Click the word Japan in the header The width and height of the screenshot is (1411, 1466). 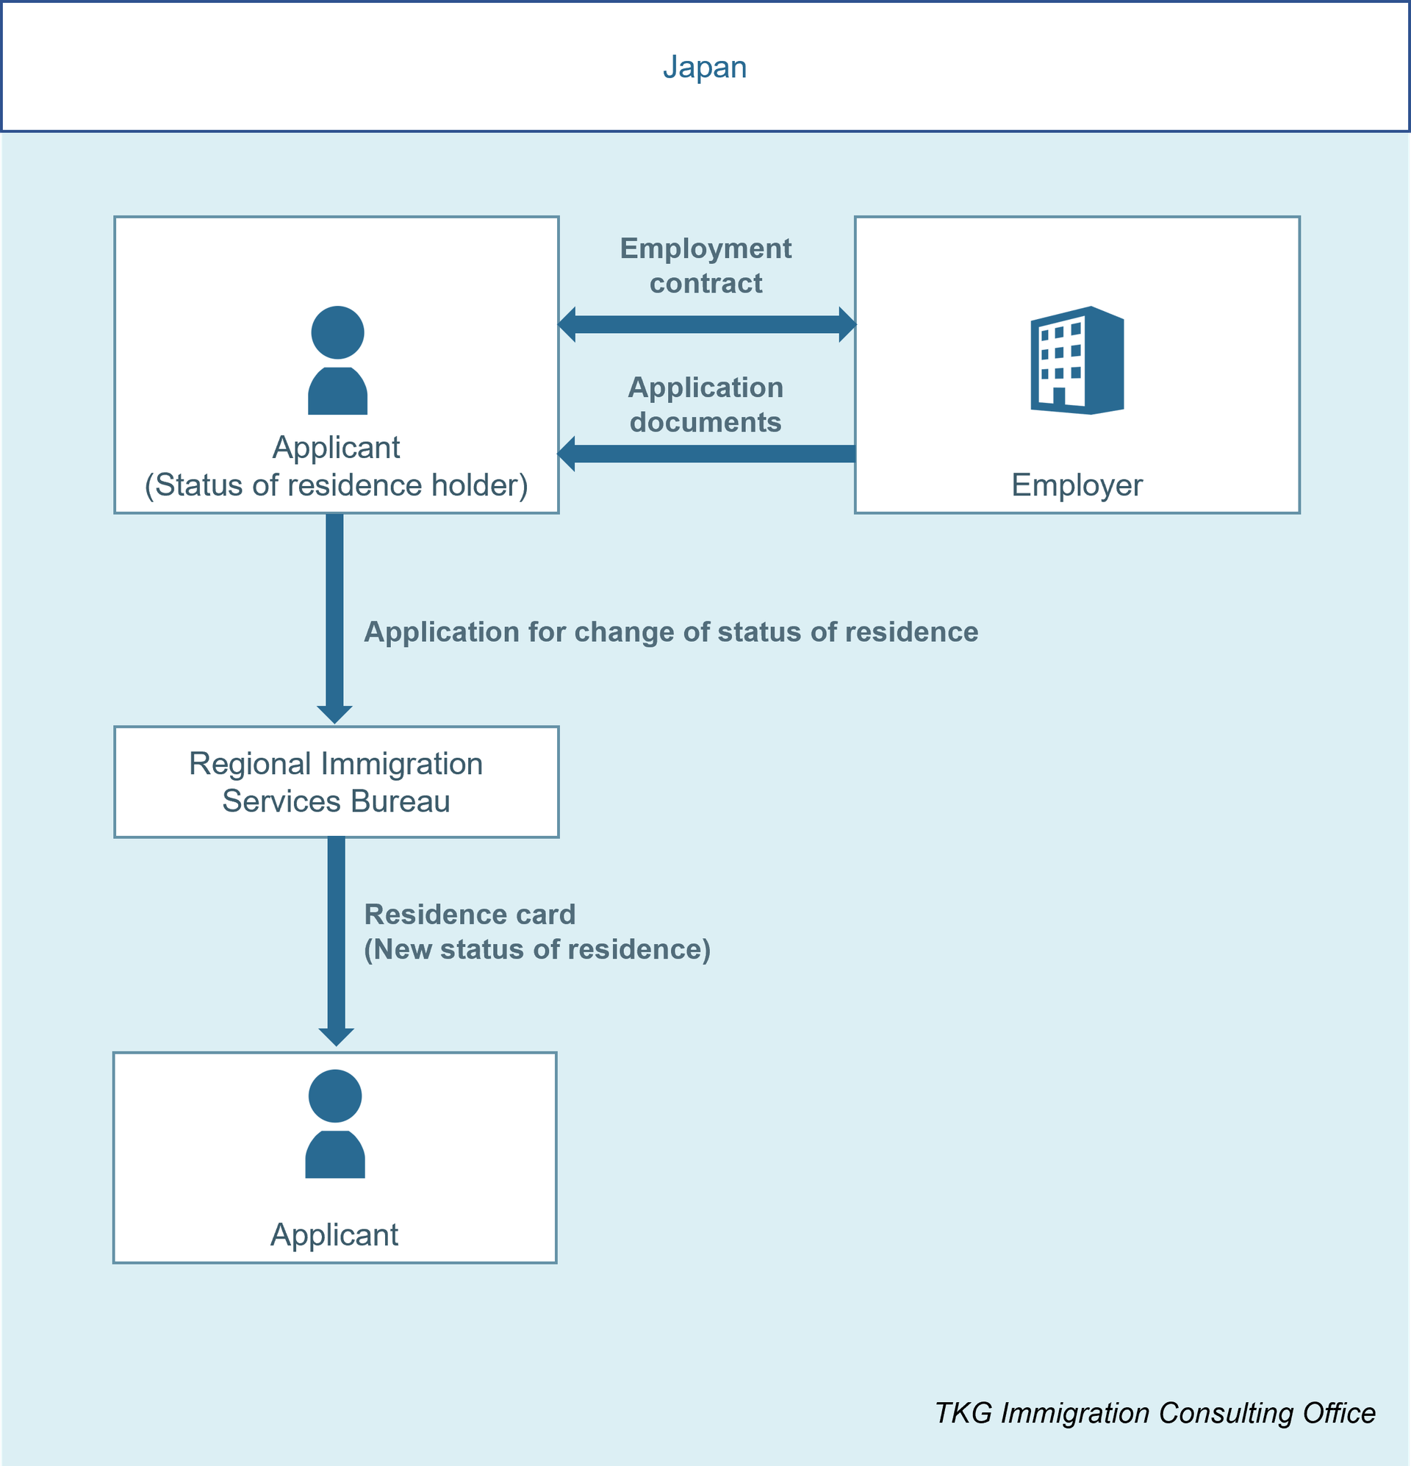704,68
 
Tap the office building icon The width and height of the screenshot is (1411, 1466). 1077,360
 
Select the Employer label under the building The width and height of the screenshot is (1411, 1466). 1077,485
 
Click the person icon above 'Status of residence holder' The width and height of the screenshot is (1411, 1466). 337,360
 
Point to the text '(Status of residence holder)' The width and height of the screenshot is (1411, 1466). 337,485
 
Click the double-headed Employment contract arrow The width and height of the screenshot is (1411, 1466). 707,324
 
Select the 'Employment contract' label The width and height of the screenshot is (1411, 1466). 706,265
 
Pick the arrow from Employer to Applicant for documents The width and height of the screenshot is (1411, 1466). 707,454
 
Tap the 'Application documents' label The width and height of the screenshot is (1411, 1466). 706,404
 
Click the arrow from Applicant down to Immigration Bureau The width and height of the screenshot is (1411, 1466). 334,618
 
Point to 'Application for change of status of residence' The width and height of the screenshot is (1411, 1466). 671,632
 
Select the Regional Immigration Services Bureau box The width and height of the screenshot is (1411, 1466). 337,782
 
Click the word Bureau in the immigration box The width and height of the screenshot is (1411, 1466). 400,801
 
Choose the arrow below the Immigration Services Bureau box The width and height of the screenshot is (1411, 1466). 336,942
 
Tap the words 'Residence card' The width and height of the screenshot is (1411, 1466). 470,914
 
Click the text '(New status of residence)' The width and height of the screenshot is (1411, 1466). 537,949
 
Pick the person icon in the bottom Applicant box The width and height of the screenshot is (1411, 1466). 335,1123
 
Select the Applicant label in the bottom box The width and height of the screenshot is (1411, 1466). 334,1234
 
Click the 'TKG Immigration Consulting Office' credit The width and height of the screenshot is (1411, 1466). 1155,1413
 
